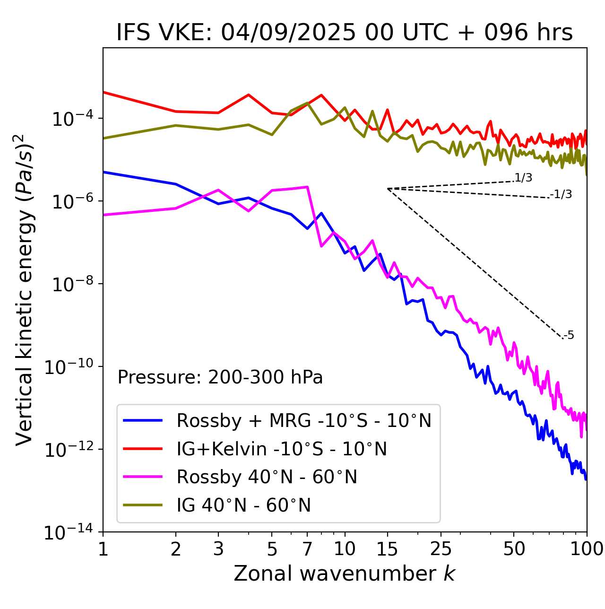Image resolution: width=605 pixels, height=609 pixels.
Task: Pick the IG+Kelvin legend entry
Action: [282, 449]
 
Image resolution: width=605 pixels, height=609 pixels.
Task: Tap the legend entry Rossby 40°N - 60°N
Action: [267, 477]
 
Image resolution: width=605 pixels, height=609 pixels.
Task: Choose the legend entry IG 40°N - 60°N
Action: [243, 505]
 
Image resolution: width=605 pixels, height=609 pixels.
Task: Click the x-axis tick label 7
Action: [307, 549]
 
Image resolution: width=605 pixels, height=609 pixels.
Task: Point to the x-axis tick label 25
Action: [441, 549]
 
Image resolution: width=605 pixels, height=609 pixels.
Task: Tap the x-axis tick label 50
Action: [514, 549]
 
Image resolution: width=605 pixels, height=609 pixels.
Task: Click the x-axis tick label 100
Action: [587, 549]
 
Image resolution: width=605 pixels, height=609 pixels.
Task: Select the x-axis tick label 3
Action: [218, 549]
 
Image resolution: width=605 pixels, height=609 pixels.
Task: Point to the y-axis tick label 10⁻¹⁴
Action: [69, 532]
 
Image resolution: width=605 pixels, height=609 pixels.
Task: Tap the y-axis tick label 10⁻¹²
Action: [69, 449]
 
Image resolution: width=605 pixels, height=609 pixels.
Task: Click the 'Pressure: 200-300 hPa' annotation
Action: [220, 377]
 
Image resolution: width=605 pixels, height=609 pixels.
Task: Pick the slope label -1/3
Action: [562, 194]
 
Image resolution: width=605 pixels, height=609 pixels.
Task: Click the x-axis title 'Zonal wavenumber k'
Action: [345, 574]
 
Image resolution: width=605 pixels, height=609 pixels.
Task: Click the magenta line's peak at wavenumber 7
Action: [307, 187]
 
